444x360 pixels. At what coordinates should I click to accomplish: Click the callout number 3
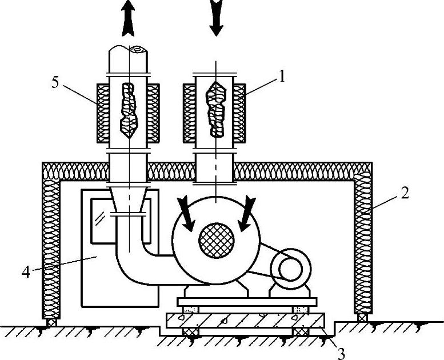pos(341,353)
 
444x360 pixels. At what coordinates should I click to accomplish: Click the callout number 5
pos(55,81)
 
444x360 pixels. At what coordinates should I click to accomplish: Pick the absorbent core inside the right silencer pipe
pos(215,109)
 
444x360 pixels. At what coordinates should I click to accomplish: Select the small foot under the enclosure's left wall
pos(51,322)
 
